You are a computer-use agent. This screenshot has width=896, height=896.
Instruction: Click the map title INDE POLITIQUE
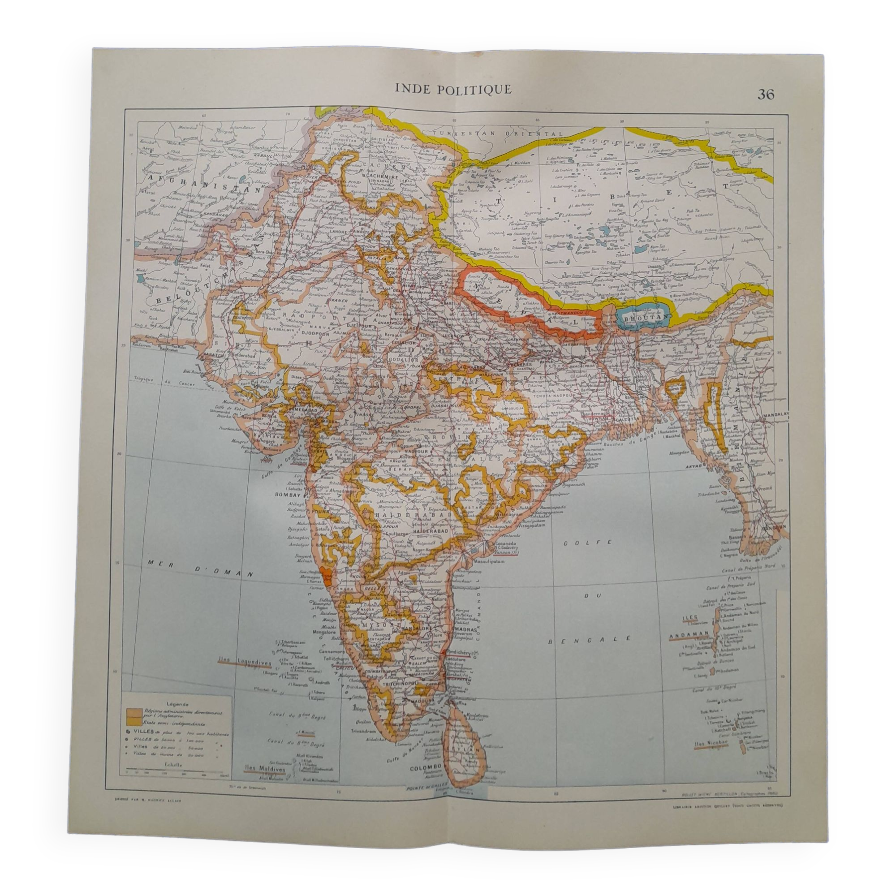[453, 89]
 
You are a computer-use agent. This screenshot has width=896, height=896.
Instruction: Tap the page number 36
[766, 95]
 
